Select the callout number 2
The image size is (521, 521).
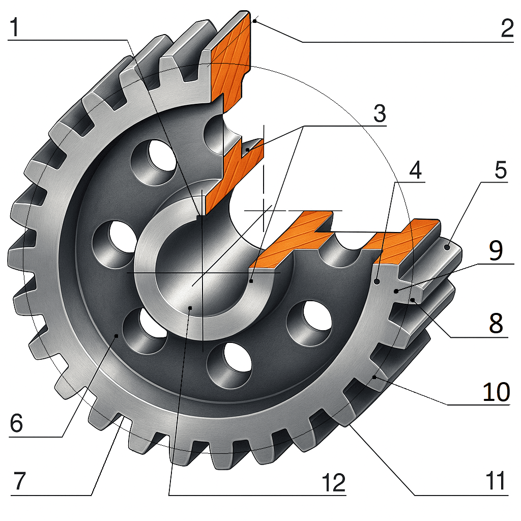(506, 30)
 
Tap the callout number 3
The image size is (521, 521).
(380, 114)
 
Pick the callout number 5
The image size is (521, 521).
(501, 171)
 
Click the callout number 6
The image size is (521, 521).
(16, 423)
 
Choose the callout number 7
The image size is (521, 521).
(19, 481)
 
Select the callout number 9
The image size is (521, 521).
(496, 250)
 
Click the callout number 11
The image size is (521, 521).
(495, 481)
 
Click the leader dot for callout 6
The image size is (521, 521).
(117, 335)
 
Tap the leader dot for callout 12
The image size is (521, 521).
(190, 307)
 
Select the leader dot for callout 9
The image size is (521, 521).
(396, 291)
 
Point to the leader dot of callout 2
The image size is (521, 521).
(254, 21)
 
